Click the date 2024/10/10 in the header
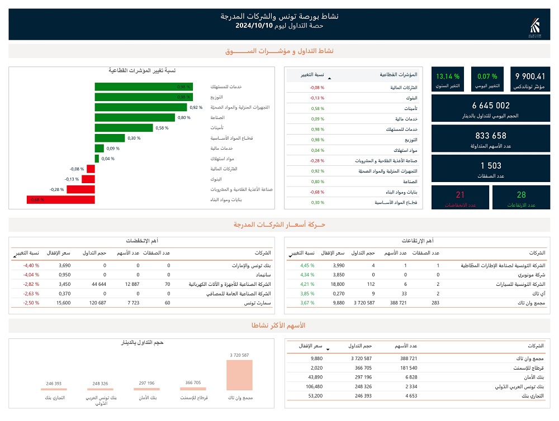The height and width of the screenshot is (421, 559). point(254,26)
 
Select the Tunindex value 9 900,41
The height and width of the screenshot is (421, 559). point(529,76)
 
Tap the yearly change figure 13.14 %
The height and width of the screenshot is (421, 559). point(448,76)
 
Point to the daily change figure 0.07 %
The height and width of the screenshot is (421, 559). point(487,76)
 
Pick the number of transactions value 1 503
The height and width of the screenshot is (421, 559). point(491,165)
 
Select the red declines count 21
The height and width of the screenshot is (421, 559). point(460,195)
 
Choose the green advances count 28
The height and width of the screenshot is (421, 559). point(521,195)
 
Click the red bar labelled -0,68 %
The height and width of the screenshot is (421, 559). point(60,199)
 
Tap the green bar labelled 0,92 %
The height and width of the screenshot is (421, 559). point(140,107)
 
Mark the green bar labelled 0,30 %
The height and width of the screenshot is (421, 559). point(110,138)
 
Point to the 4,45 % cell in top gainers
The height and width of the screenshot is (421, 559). point(308,266)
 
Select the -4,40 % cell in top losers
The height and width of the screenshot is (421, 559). point(31,266)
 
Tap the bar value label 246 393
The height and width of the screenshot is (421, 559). point(54,384)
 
